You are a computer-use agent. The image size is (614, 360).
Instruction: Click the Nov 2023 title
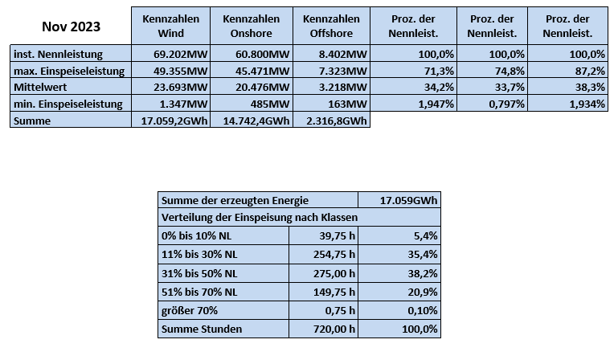pyautogui.click(x=71, y=27)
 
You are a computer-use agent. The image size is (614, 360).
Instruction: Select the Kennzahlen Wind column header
pyautogui.click(x=170, y=26)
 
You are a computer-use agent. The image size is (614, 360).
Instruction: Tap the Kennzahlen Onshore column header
pyautogui.click(x=252, y=26)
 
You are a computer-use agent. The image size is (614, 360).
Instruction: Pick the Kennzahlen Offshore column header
pyautogui.click(x=331, y=26)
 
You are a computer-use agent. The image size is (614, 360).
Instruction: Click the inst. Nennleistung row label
pyautogui.click(x=58, y=54)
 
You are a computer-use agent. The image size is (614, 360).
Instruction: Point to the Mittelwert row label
pyautogui.click(x=40, y=87)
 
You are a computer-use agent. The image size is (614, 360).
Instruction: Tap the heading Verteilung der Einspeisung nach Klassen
pyautogui.click(x=260, y=217)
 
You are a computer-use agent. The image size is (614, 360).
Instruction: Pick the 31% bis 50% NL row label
pyautogui.click(x=199, y=273)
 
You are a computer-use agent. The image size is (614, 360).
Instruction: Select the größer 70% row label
pyautogui.click(x=189, y=310)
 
